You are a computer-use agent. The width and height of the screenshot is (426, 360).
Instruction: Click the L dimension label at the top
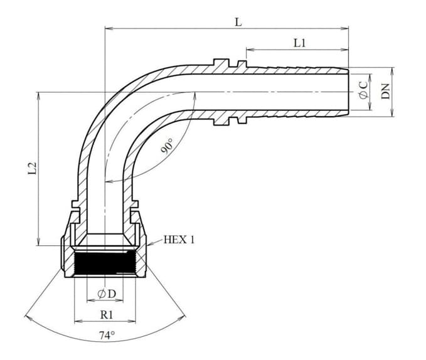(238, 22)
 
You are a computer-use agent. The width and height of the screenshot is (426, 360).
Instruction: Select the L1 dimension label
(300, 43)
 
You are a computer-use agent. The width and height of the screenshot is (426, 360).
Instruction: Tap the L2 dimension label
(33, 168)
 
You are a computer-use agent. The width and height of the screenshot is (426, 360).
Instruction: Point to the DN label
(386, 92)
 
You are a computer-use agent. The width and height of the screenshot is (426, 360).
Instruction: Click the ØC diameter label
(363, 90)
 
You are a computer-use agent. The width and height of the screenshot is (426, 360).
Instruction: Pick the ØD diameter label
(107, 294)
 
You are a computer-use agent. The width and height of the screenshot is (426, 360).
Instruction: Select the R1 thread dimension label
(106, 315)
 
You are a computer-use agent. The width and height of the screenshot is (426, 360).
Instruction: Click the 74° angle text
(107, 336)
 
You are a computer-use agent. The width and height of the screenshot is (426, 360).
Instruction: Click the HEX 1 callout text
(179, 240)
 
